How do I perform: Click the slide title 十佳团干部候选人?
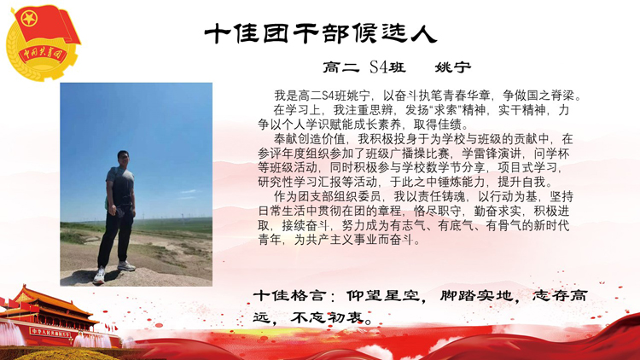pyautogui.click(x=320, y=33)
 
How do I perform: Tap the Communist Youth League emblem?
pyautogui.click(x=43, y=43)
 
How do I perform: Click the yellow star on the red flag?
pyautogui.click(x=29, y=19)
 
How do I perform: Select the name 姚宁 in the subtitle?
pyautogui.click(x=452, y=67)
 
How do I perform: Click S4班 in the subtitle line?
pyautogui.click(x=387, y=67)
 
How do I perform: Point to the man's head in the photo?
pyautogui.click(x=123, y=159)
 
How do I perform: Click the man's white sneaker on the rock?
pyautogui.click(x=100, y=276)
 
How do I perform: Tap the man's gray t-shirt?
pyautogui.click(x=120, y=186)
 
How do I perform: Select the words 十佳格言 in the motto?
pyautogui.click(x=289, y=295)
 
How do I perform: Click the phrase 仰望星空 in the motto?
pyautogui.click(x=382, y=295)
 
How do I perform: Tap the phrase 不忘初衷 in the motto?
pyautogui.click(x=327, y=317)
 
